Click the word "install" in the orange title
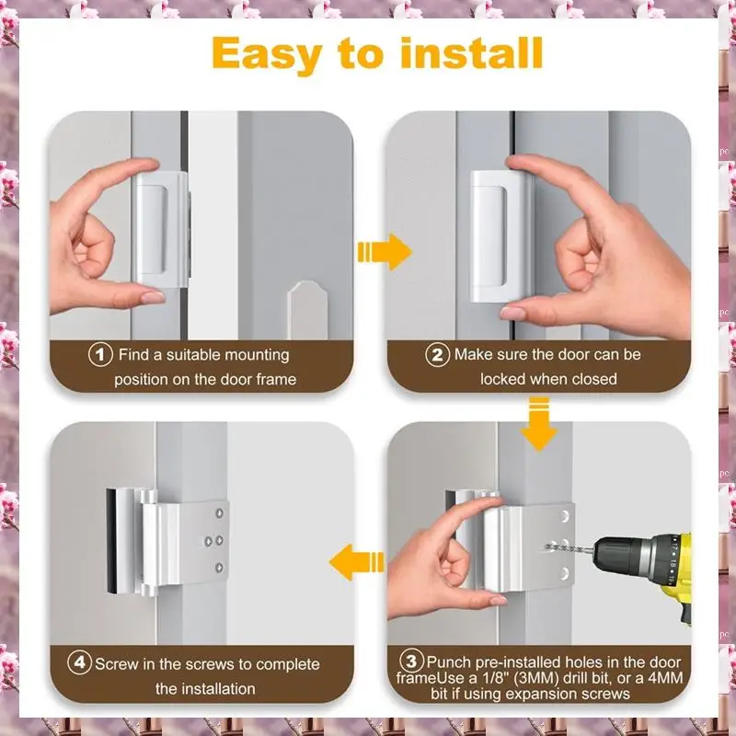point(472,53)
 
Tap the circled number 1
point(100,354)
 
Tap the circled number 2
point(437,354)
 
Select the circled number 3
point(411,661)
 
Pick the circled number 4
point(79,662)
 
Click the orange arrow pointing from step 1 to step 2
point(385,252)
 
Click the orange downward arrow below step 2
point(538,424)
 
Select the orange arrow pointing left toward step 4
point(357,562)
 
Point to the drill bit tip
point(546,546)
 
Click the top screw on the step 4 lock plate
point(219,513)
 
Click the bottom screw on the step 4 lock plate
point(219,568)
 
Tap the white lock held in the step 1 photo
point(162,230)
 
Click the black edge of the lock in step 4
point(110,541)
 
